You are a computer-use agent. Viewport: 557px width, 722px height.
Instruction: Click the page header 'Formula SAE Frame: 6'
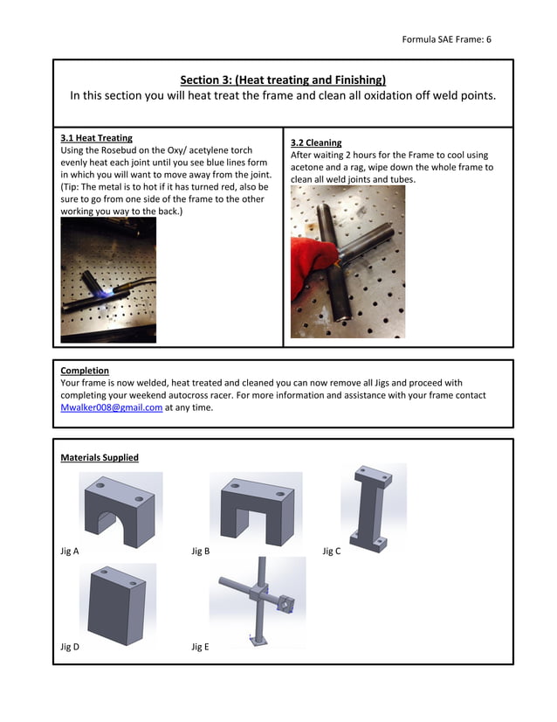[x=446, y=39]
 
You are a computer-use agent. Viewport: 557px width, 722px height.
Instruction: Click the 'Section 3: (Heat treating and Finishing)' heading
[x=283, y=80]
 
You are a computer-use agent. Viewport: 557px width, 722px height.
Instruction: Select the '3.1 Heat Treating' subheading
[x=96, y=138]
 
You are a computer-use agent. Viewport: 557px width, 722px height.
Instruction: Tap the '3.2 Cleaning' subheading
[x=316, y=142]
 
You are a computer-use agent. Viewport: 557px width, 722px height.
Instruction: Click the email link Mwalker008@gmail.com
[x=111, y=407]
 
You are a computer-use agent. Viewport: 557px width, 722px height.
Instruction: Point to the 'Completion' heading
[x=85, y=371]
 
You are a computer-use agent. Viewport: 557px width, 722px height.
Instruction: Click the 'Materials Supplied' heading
[x=99, y=457]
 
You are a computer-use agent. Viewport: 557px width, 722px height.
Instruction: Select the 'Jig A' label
[x=70, y=552]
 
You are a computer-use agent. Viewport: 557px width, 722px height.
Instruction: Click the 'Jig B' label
[x=201, y=552]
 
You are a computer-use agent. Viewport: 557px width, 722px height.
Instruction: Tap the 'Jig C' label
[x=332, y=552]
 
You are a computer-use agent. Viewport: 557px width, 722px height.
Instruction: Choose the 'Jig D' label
[x=70, y=647]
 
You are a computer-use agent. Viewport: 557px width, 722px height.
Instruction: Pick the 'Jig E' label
[x=201, y=647]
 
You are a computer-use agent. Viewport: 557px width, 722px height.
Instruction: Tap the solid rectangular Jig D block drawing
[x=118, y=603]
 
